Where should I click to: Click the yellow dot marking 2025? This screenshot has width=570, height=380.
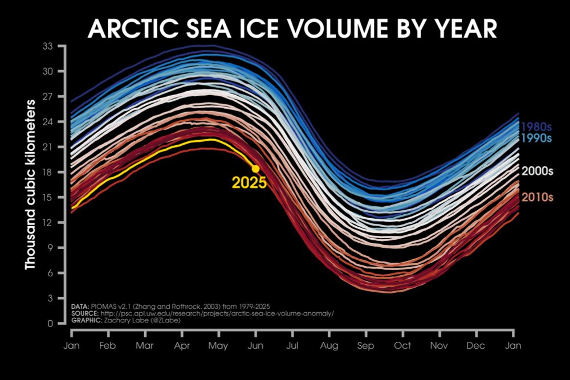tap(256, 169)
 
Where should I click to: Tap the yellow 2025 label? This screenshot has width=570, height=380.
tap(249, 183)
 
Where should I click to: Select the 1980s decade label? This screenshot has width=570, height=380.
tap(536, 127)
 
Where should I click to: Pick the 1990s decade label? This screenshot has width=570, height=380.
tap(536, 138)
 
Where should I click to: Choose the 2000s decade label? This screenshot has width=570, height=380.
tap(536, 170)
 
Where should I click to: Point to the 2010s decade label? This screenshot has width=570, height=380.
tap(536, 197)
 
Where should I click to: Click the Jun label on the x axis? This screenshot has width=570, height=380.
tap(255, 345)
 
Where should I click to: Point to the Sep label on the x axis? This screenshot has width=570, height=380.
tap(365, 345)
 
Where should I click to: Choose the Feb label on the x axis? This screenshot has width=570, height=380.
tap(108, 345)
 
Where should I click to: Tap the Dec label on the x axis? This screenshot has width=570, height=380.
tap(476, 345)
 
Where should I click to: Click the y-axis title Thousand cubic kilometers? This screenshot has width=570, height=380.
tap(30, 185)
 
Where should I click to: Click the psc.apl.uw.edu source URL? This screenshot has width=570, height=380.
tap(217, 314)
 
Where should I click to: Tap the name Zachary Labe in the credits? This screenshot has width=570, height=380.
tap(123, 321)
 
